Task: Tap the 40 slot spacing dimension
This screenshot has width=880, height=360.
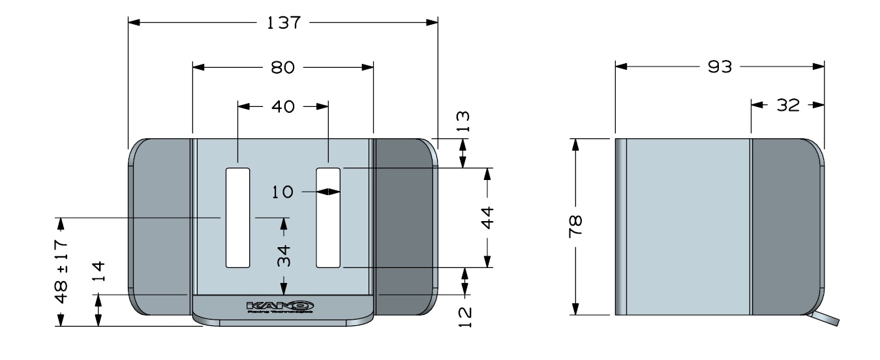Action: coord(282,107)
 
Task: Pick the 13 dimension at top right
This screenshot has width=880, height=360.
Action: coord(463,121)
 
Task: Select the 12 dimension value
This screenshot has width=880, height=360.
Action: coord(464,315)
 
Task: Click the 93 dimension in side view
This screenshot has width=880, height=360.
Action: coord(720,67)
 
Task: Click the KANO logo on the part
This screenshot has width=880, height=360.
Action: coord(281,305)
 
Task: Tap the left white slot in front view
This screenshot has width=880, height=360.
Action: coord(237,217)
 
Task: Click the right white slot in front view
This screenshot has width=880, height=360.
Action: coord(328,217)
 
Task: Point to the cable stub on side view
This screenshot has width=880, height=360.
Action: coord(823,318)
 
